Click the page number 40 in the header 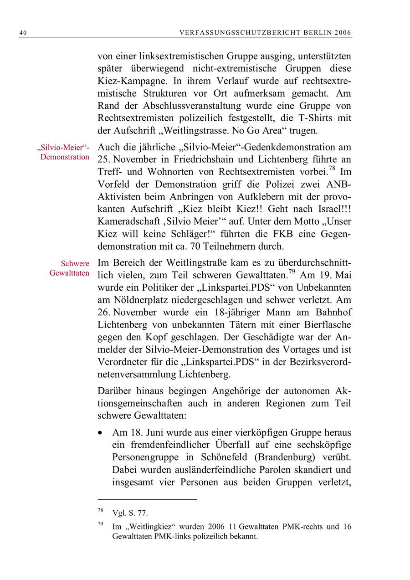tap(22, 33)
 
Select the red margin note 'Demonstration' tap(65, 157)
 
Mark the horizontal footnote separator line tap(147, 499)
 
